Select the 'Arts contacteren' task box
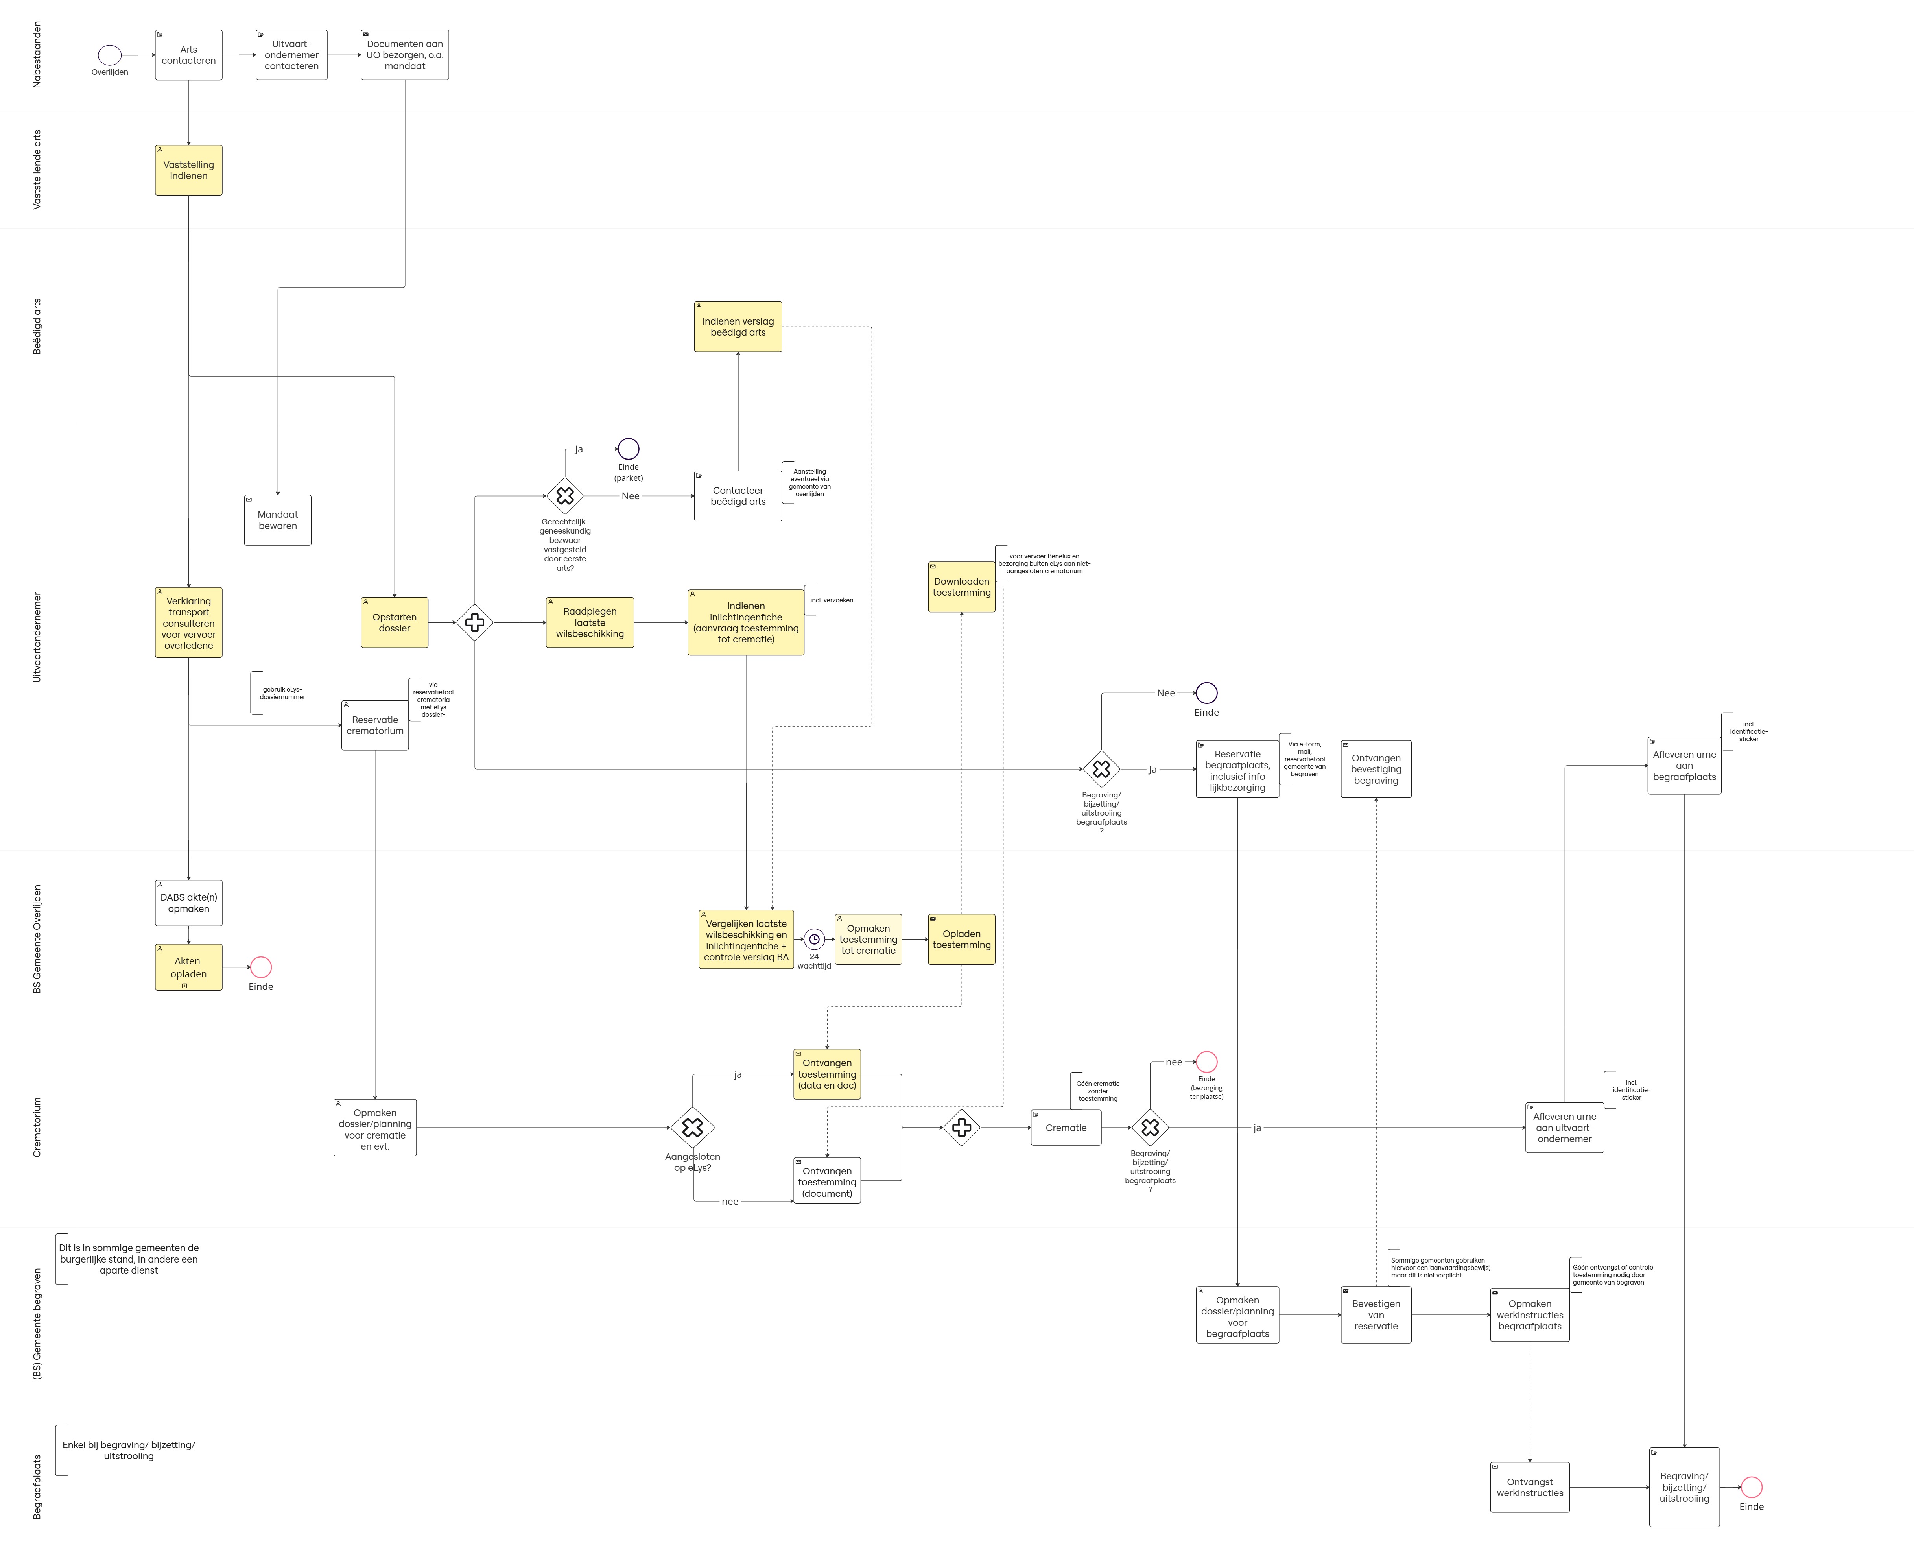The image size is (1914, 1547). pyautogui.click(x=188, y=55)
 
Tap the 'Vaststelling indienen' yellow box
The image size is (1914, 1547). pyautogui.click(x=188, y=170)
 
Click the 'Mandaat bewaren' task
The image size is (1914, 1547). pyautogui.click(x=277, y=521)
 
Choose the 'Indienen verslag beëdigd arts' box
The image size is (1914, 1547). pyautogui.click(x=738, y=327)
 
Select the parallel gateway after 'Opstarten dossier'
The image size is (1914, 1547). pyautogui.click(x=475, y=622)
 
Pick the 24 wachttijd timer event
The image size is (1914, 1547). pyautogui.click(x=813, y=939)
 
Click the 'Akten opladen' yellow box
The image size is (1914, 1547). pyautogui.click(x=188, y=967)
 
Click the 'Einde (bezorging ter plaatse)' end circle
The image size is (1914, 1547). pyautogui.click(x=1206, y=1061)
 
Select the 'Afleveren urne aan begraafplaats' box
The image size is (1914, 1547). pyautogui.click(x=1684, y=766)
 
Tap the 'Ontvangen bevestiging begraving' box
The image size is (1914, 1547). pyautogui.click(x=1376, y=769)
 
